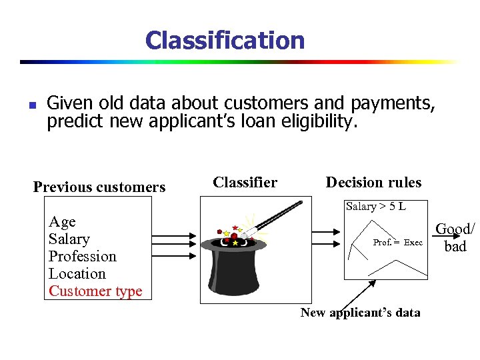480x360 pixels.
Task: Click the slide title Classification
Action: (x=225, y=40)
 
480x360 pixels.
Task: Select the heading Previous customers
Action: (x=99, y=187)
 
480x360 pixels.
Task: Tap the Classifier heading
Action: (x=245, y=182)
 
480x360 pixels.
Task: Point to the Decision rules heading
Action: (x=373, y=182)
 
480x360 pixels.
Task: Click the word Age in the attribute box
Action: (x=62, y=222)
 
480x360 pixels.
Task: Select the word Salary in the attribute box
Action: (x=69, y=239)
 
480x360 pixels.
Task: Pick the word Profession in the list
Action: (x=82, y=257)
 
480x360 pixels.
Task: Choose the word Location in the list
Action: (x=77, y=274)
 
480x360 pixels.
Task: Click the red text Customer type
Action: (x=95, y=291)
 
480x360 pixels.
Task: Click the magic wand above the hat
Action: (x=267, y=217)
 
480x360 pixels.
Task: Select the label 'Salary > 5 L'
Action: (x=375, y=207)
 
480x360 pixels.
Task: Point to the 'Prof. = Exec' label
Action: (x=397, y=243)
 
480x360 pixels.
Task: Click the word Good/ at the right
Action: (x=455, y=229)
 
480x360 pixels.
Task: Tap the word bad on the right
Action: (x=455, y=247)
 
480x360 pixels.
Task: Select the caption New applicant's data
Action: (x=360, y=313)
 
